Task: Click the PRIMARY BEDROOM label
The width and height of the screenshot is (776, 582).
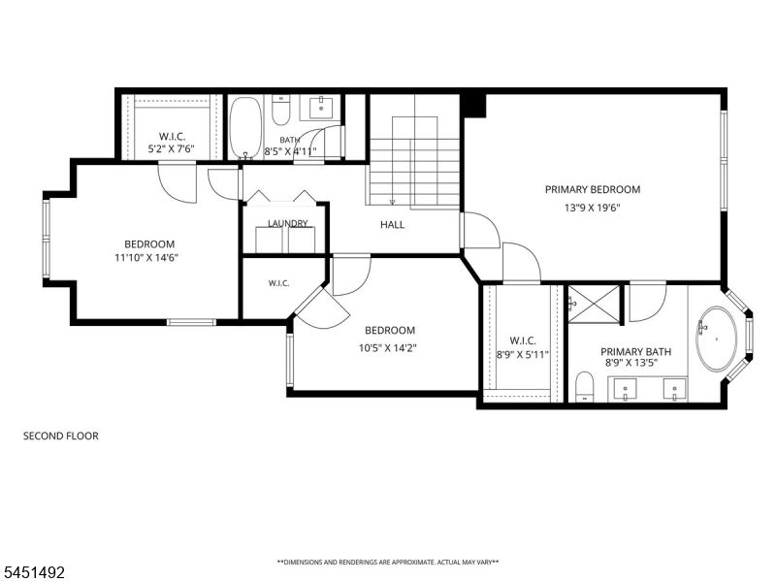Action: pyautogui.click(x=593, y=189)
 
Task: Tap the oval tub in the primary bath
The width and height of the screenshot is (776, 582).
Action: pyautogui.click(x=716, y=339)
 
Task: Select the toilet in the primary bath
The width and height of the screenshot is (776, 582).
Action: pyautogui.click(x=585, y=386)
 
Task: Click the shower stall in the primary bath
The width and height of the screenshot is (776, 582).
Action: pyautogui.click(x=594, y=305)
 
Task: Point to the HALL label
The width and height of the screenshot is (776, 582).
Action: pyautogui.click(x=393, y=225)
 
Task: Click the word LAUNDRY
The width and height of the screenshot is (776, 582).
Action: pyautogui.click(x=287, y=224)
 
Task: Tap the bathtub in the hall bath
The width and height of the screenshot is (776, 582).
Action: pyautogui.click(x=245, y=128)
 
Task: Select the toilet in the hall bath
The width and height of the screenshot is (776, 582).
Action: pyautogui.click(x=281, y=112)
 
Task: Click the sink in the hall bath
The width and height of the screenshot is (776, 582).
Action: pyautogui.click(x=321, y=108)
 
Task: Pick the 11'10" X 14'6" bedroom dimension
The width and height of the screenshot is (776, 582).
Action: pyautogui.click(x=146, y=257)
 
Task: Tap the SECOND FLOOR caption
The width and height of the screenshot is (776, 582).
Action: pyautogui.click(x=61, y=436)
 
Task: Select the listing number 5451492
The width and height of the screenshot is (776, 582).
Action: pyautogui.click(x=33, y=572)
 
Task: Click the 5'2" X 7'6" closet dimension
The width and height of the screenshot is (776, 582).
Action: pyautogui.click(x=172, y=148)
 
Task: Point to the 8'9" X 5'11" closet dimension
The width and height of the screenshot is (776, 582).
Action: pyautogui.click(x=523, y=354)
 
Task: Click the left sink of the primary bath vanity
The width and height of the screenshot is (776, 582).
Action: pyautogui.click(x=625, y=389)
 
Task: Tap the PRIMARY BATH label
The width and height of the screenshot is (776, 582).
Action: pyautogui.click(x=636, y=352)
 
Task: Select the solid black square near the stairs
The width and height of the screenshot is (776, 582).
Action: pyautogui.click(x=473, y=105)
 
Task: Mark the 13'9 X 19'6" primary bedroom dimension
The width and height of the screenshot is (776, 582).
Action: pyautogui.click(x=593, y=208)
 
